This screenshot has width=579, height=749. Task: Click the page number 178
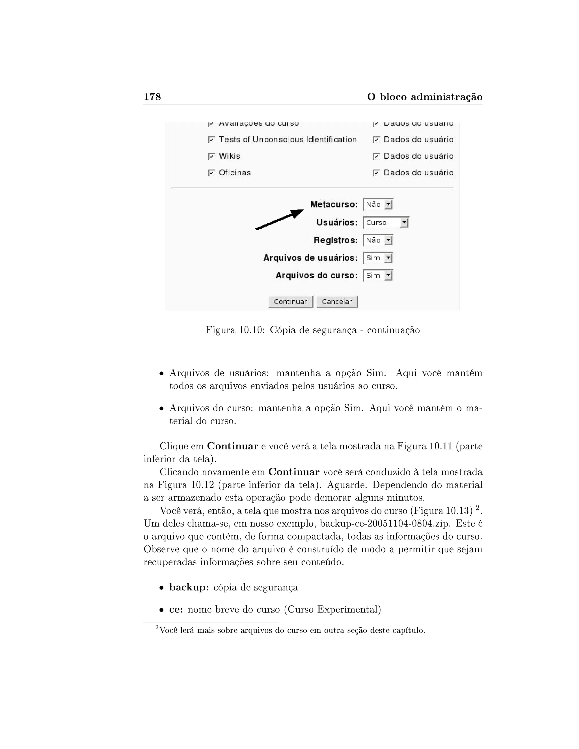[x=152, y=97]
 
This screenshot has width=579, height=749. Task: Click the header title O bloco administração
[x=425, y=97]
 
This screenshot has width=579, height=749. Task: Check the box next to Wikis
[x=211, y=156]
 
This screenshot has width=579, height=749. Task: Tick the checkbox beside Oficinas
[x=211, y=173]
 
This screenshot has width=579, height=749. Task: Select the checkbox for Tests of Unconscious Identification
[x=211, y=140]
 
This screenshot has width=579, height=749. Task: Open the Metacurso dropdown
[x=378, y=205]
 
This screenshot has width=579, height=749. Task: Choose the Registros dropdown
[x=378, y=241]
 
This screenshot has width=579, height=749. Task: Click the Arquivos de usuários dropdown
[x=378, y=258]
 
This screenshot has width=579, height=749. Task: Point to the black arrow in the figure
[x=280, y=220]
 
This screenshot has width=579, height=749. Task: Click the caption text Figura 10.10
[x=235, y=330]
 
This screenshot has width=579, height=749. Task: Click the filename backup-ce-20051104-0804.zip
[x=384, y=524]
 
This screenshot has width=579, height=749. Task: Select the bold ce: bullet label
[x=176, y=609]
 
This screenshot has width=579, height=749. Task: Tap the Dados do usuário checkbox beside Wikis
[x=376, y=156]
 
